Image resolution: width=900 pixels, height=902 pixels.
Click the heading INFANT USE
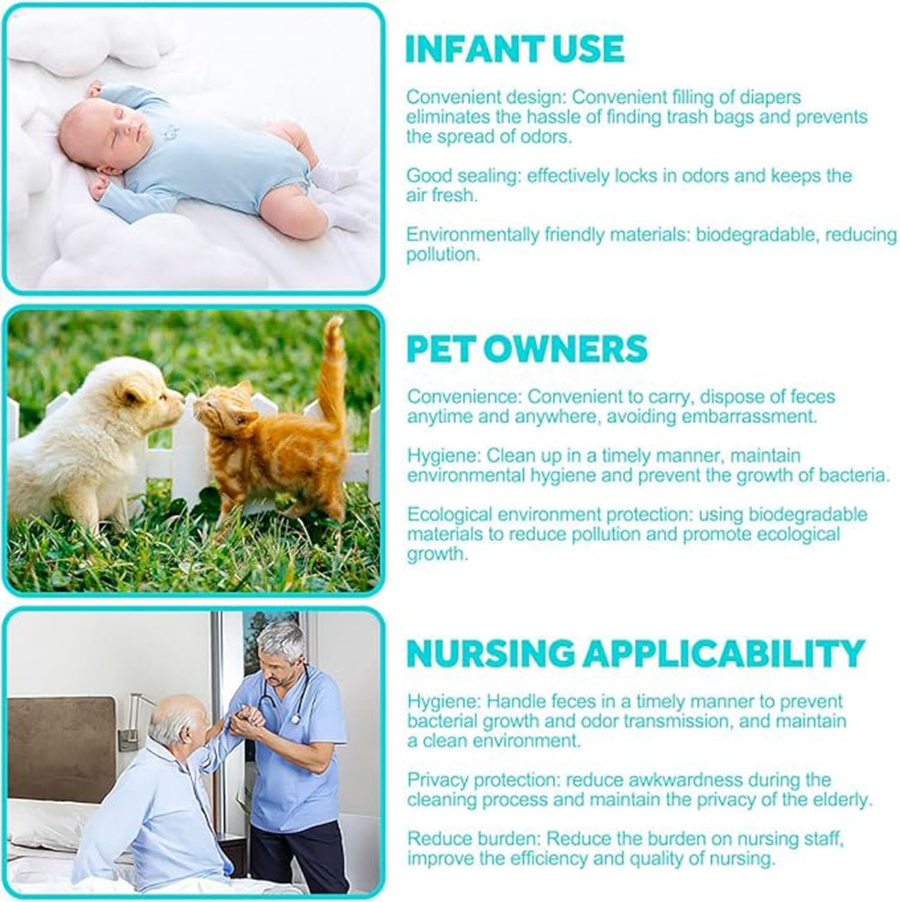(515, 49)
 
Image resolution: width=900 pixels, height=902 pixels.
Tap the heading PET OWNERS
(527, 348)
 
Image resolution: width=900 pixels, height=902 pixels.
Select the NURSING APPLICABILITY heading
(635, 654)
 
